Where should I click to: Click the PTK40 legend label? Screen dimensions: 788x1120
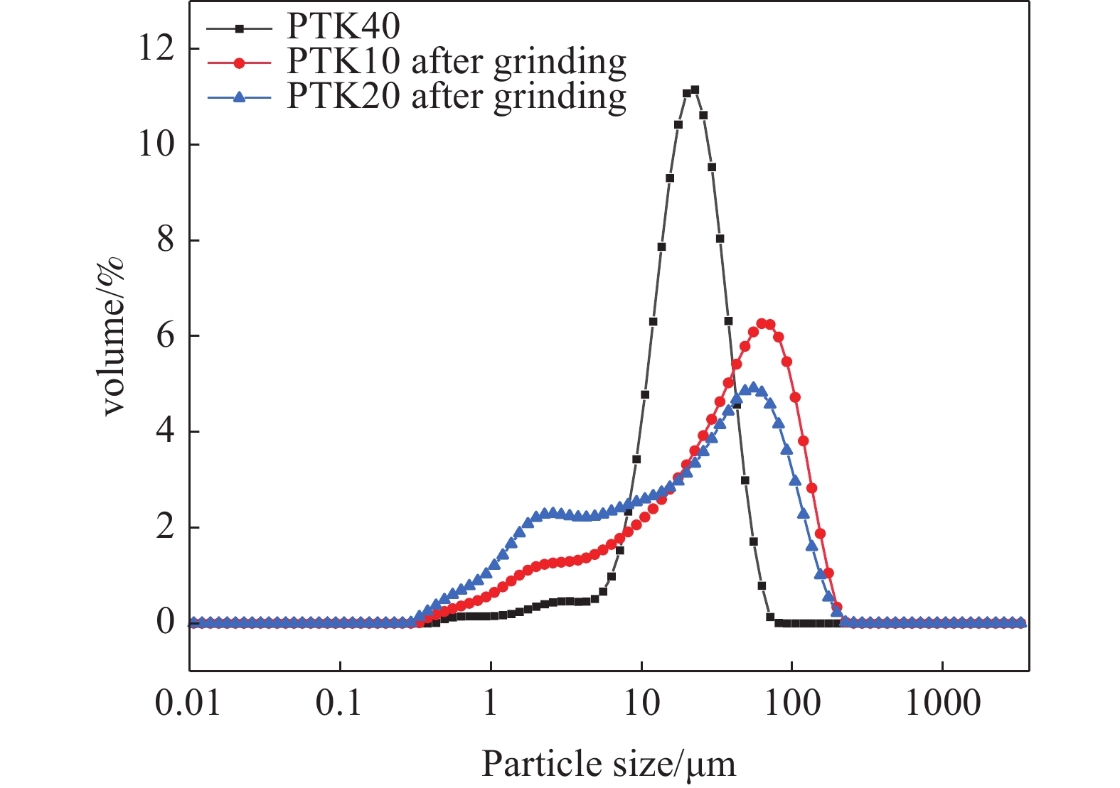[343, 27]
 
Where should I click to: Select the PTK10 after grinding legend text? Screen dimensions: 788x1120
[456, 62]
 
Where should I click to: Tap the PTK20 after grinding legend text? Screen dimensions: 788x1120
[456, 96]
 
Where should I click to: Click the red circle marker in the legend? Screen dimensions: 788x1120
[240, 63]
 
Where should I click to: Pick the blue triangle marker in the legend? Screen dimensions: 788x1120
[240, 97]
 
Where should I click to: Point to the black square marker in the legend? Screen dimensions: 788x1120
[240, 28]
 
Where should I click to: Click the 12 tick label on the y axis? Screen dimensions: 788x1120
[156, 49]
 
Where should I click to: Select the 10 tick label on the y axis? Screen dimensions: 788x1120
[156, 144]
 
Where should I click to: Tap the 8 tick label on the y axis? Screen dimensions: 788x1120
[165, 240]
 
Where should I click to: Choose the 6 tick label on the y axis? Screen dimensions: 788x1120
[165, 335]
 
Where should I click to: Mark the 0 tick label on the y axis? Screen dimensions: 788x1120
[165, 622]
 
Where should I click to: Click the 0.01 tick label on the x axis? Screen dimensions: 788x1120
[188, 703]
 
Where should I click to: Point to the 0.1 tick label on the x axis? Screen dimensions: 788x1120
[340, 703]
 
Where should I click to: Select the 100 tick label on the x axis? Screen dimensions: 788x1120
[791, 703]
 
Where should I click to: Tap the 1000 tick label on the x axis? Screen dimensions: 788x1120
[942, 703]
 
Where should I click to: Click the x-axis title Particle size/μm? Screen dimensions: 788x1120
[609, 765]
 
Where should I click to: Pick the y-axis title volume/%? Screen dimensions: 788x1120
[114, 335]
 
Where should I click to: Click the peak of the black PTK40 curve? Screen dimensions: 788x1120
[695, 90]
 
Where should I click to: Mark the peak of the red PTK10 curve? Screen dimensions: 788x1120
[762, 323]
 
